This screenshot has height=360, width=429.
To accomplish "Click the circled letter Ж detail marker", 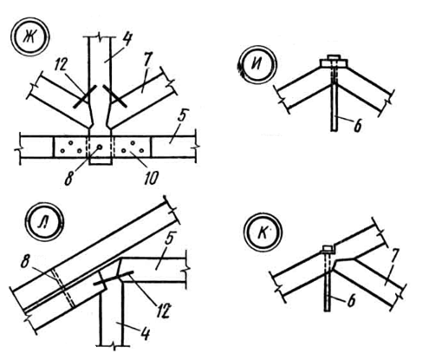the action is coord(30,36).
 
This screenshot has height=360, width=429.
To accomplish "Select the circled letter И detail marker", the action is coord(257,64).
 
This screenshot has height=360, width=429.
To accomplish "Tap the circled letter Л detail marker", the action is coord(44,221).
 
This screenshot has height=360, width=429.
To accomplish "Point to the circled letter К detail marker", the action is coord(263,232).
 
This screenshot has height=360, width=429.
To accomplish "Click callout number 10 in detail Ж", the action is coord(151,178).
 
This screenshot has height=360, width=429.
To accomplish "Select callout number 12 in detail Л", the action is coord(162,310).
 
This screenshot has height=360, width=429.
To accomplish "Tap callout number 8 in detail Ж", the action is coord(68,179).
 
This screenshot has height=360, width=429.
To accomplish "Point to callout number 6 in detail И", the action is coord(358,126).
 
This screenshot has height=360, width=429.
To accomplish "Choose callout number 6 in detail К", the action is coord(351,301).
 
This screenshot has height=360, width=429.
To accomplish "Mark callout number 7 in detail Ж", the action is coord(147,60).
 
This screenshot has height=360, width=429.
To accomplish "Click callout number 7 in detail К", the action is coord(395,256).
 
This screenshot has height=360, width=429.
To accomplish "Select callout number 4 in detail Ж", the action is coord(126,40).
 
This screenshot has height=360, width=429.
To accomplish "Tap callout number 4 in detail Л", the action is coord(146,333).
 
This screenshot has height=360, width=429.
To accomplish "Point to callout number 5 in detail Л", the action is coord(171,239).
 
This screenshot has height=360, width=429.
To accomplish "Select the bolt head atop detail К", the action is coord(328,248).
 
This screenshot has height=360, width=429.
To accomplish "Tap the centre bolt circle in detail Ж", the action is coord(99,147).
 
